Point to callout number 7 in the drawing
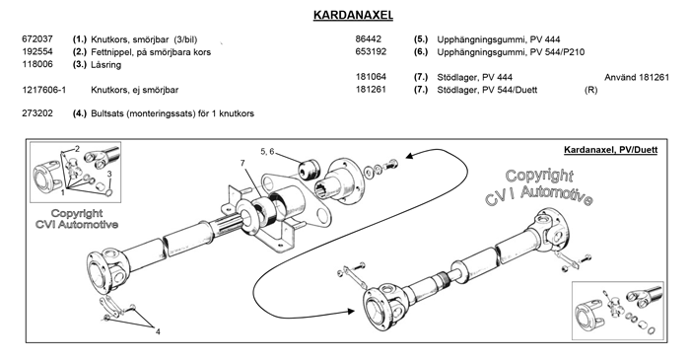[240, 162]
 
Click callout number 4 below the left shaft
[156, 330]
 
